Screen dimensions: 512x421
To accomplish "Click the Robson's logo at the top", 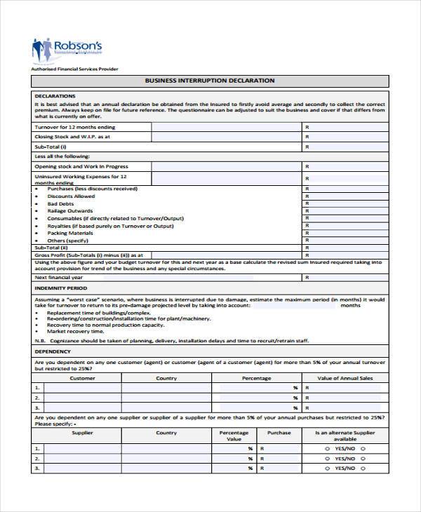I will pos(67,49).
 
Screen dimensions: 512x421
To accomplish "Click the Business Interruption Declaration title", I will pos(210,81).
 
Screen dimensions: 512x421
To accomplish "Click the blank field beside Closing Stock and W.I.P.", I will pos(225,137).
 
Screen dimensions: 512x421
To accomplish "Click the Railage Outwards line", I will pos(69,211).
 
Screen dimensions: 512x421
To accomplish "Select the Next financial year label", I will pos(58,277).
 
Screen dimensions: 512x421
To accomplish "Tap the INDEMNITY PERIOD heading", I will pos(60,288).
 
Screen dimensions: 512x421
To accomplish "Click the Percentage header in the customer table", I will pos(256,378).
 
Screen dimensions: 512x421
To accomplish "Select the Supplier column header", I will pos(82,433).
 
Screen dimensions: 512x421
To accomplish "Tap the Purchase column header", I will pos(279,433).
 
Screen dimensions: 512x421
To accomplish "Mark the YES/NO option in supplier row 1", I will pos(342,447).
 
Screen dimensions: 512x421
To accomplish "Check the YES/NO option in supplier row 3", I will pos(342,467).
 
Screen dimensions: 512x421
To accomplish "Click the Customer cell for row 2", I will pos(82,398).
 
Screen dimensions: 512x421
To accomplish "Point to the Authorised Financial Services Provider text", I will pos(74,69).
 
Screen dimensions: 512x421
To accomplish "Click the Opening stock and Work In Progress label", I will pos(81,167).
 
